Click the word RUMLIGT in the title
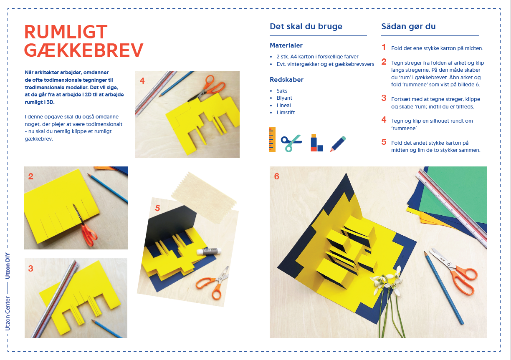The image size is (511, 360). click(x=66, y=32)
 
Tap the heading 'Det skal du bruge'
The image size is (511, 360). click(x=306, y=26)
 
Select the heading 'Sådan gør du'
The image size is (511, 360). click(x=408, y=27)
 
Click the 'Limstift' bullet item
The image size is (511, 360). click(x=286, y=112)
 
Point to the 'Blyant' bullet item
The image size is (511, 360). click(x=284, y=98)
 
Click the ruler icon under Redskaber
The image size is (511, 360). click(x=272, y=139)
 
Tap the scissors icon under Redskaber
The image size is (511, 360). click(x=291, y=143)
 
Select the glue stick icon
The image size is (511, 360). click(x=317, y=143)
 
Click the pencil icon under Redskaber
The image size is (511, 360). click(x=338, y=143)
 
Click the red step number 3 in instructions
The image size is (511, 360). click(x=384, y=98)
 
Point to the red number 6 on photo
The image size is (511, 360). click(x=276, y=176)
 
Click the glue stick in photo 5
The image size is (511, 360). click(x=209, y=251)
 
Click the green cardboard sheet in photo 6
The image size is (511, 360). click(x=454, y=194)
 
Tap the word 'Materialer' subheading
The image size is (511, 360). click(x=286, y=45)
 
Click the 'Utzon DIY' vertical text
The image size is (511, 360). click(x=8, y=266)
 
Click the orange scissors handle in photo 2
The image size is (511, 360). click(x=89, y=235)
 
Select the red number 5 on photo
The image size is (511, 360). click(x=157, y=208)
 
